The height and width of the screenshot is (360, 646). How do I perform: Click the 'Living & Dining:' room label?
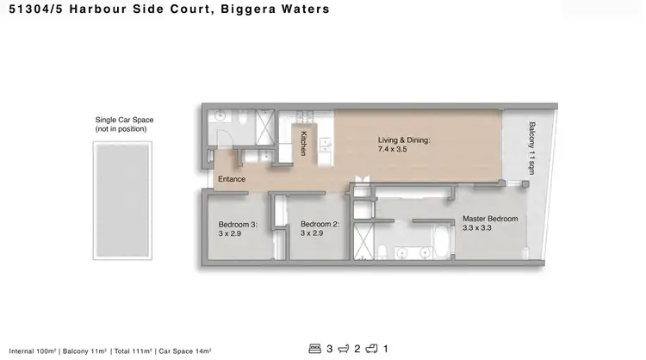click(x=404, y=140)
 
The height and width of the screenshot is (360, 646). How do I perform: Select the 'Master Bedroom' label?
click(x=490, y=219)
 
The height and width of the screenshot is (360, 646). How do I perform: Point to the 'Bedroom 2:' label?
click(x=318, y=225)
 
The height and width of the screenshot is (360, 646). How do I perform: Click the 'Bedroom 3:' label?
click(x=237, y=225)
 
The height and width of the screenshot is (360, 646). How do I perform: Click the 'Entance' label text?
click(x=232, y=179)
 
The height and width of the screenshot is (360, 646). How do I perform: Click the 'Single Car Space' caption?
click(x=125, y=120)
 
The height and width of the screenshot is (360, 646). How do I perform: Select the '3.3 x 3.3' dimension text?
click(x=479, y=228)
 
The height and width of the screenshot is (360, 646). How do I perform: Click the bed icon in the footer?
click(x=315, y=348)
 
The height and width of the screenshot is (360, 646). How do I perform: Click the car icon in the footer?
click(x=372, y=348)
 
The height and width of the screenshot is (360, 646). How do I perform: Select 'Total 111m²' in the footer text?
click(x=126, y=351)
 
